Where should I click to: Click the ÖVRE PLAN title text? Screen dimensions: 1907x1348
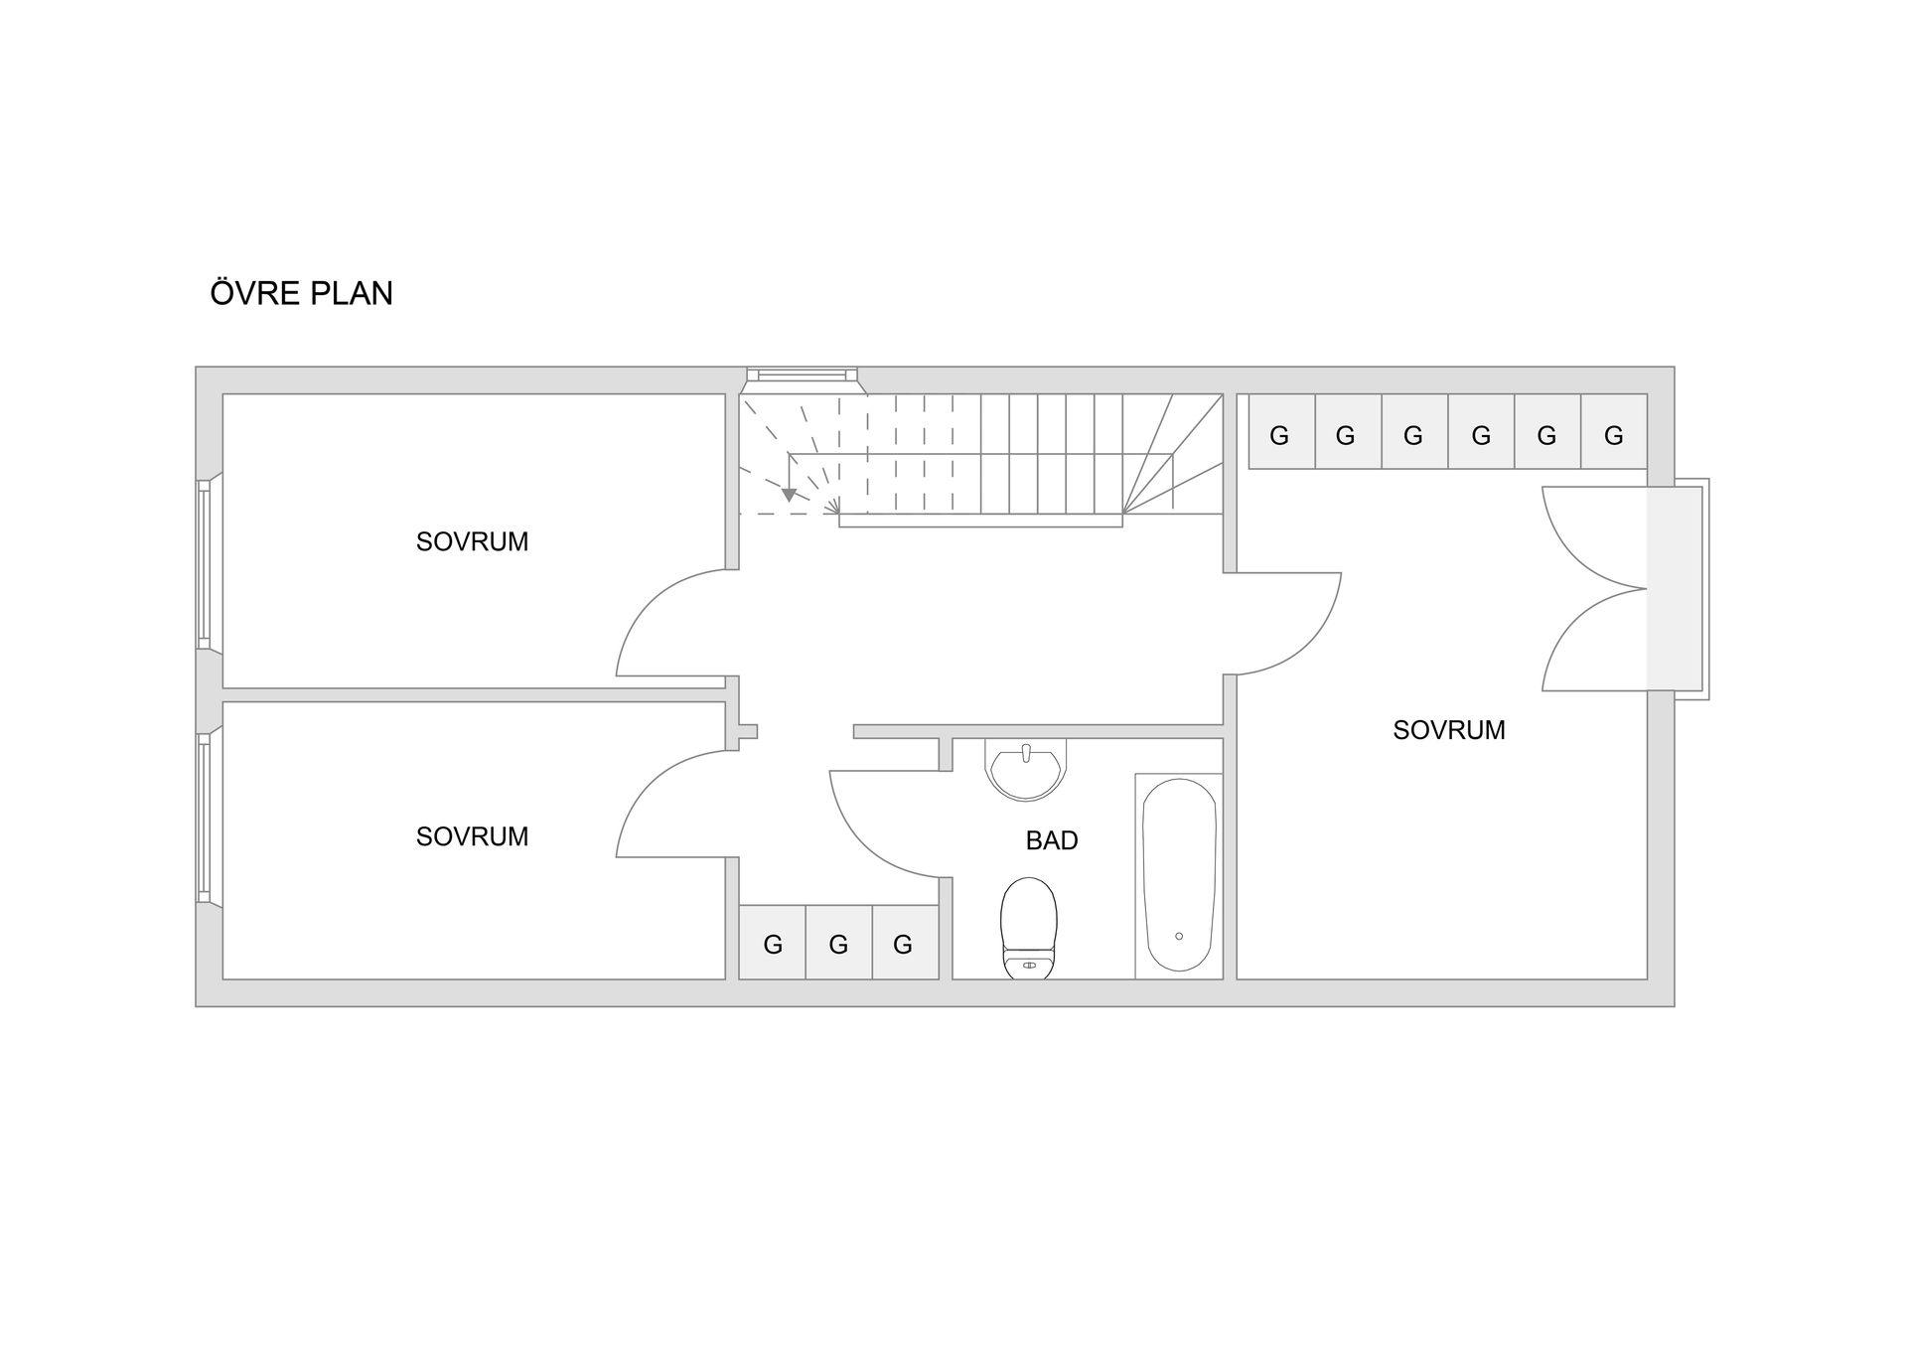(x=302, y=293)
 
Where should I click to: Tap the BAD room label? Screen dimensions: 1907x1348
(x=1052, y=840)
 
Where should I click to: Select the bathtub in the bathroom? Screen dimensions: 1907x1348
(x=1179, y=874)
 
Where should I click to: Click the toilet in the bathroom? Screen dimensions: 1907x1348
(x=1029, y=928)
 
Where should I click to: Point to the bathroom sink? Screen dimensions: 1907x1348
(x=1027, y=769)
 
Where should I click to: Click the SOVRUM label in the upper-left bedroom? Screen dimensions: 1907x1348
(x=472, y=541)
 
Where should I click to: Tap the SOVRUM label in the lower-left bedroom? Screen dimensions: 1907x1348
(x=472, y=836)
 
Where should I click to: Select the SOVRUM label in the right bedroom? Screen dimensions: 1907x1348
(x=1449, y=730)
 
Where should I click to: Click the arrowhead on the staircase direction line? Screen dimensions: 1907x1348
(x=789, y=494)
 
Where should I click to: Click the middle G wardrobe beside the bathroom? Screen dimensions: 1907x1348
(x=838, y=943)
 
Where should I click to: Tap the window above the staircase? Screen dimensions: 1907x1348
(x=803, y=374)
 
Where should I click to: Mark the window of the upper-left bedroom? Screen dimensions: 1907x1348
(x=205, y=564)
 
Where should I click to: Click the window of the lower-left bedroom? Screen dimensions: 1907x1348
(x=205, y=818)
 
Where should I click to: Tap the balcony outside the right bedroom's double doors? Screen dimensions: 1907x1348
(x=1678, y=588)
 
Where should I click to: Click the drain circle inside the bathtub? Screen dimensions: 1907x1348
(x=1179, y=936)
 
